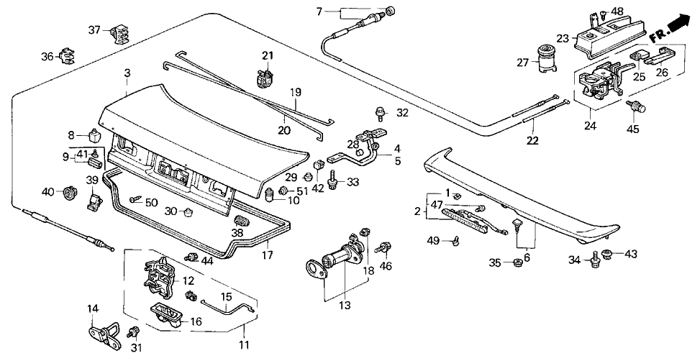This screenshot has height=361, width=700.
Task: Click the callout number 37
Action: click(94, 30)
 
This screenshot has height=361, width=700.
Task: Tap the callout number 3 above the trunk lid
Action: click(127, 73)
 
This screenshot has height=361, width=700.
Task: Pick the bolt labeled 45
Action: click(636, 109)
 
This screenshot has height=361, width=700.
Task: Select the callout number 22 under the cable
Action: click(533, 140)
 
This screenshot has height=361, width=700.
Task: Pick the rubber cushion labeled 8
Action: click(94, 135)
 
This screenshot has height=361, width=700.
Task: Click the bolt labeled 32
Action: click(378, 111)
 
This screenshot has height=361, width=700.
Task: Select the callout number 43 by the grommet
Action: click(631, 253)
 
